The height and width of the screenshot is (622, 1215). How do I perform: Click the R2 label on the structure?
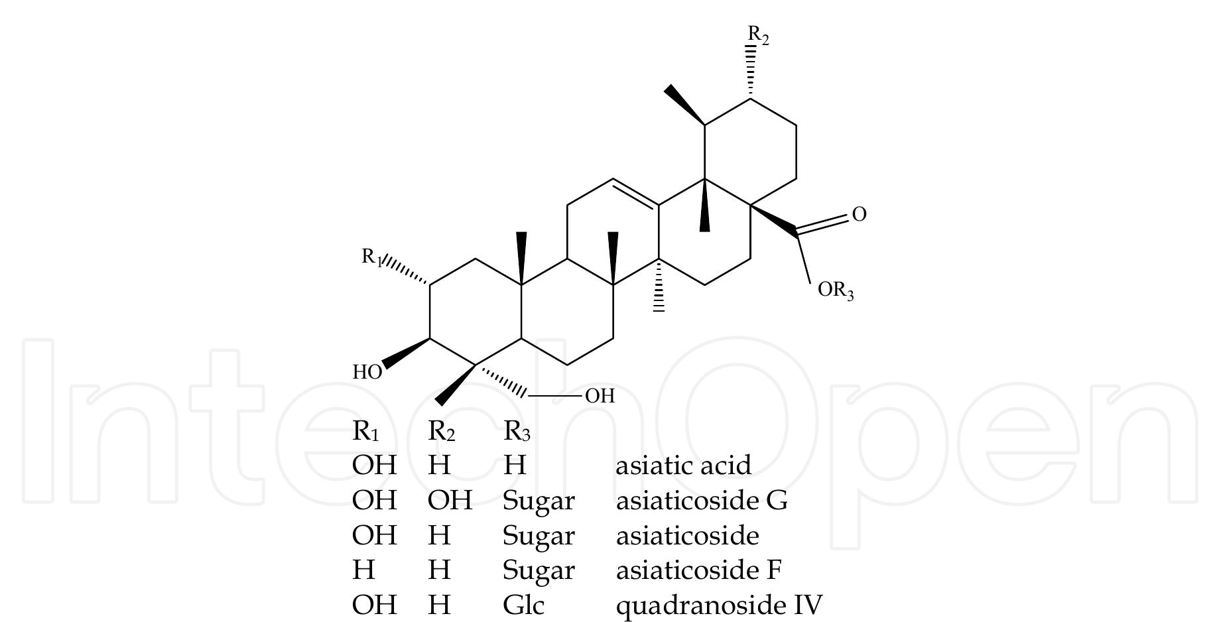758,34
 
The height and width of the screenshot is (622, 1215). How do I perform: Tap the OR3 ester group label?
836,290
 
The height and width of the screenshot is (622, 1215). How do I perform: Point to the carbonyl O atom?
859,214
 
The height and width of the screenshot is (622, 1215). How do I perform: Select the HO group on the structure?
367,372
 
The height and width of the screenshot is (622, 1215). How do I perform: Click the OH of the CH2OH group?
600,396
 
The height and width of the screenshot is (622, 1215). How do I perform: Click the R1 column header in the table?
366,432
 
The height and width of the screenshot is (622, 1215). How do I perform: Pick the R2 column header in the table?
442,432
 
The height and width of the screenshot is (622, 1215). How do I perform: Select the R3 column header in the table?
517,432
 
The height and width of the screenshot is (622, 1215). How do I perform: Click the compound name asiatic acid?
684,465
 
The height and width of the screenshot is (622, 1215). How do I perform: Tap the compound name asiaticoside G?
702,500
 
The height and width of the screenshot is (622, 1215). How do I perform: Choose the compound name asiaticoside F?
699,570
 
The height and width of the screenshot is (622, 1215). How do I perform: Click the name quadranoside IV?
720,605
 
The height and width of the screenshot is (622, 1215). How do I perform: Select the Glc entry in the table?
524,605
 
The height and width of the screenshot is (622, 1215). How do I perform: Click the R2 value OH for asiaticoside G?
450,500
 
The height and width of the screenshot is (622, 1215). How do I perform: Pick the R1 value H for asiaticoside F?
364,570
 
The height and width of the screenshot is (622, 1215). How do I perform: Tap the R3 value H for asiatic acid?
515,465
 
